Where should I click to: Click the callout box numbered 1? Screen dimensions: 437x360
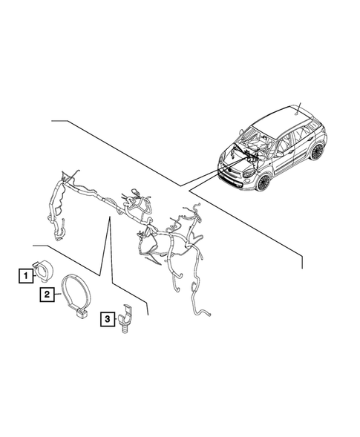pyautogui.click(x=26, y=276)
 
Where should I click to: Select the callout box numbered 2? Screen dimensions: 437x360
pyautogui.click(x=47, y=295)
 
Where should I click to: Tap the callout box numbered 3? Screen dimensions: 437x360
pyautogui.click(x=108, y=319)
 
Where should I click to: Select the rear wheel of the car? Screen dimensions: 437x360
pyautogui.click(x=318, y=151)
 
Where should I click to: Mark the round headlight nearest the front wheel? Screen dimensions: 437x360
pyautogui.click(x=246, y=176)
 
